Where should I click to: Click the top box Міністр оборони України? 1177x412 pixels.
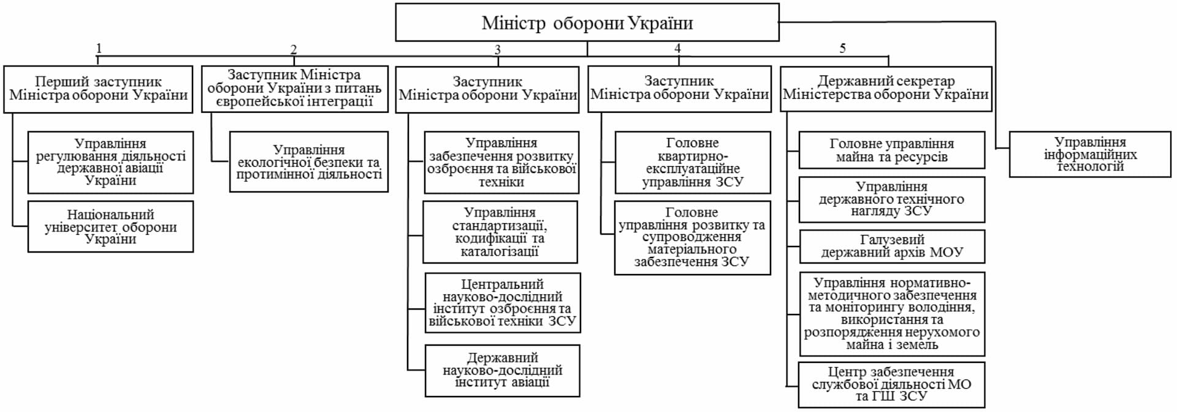[x=587, y=23]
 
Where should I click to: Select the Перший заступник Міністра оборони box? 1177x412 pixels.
[x=98, y=89]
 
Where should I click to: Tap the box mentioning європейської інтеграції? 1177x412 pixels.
[x=294, y=89]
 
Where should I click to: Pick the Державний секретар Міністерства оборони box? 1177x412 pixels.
[x=885, y=89]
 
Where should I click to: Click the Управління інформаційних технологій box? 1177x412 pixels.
[x=1089, y=154]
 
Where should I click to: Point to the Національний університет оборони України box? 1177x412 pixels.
[x=110, y=227]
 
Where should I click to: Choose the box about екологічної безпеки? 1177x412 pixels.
[x=308, y=162]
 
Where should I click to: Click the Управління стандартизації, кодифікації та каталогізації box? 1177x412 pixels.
[x=500, y=232]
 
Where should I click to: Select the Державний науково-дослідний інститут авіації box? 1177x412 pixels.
[x=502, y=370]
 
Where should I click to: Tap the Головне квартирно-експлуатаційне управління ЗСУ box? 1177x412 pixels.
[x=692, y=162]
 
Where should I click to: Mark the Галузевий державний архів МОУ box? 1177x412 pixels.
[x=891, y=246]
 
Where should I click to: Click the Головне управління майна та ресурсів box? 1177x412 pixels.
[x=891, y=150]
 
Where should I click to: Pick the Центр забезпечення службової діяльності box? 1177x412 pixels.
[x=891, y=384]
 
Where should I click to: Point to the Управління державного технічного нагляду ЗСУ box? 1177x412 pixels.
[x=891, y=199]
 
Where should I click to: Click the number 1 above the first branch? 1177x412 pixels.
[x=99, y=48]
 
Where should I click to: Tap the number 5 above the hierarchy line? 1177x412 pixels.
[x=842, y=48]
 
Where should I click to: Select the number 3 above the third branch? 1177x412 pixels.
[x=497, y=50]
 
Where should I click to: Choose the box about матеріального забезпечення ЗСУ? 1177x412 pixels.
[x=692, y=237]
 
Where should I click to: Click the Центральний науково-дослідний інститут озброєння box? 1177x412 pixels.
[x=502, y=303]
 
